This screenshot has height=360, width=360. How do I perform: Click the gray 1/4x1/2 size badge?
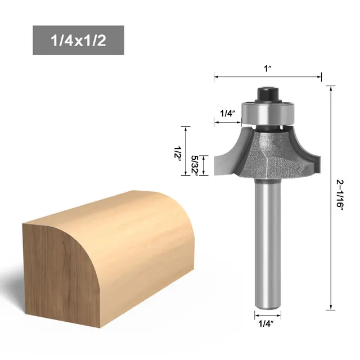click(x=78, y=40)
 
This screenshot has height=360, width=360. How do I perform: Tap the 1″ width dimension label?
click(x=268, y=69)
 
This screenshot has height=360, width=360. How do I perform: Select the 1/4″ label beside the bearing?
click(x=227, y=113)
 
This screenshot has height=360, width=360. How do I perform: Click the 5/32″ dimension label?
click(x=194, y=166)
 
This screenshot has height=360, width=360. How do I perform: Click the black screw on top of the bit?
click(x=267, y=92)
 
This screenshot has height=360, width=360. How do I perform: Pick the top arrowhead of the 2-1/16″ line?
click(x=330, y=87)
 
